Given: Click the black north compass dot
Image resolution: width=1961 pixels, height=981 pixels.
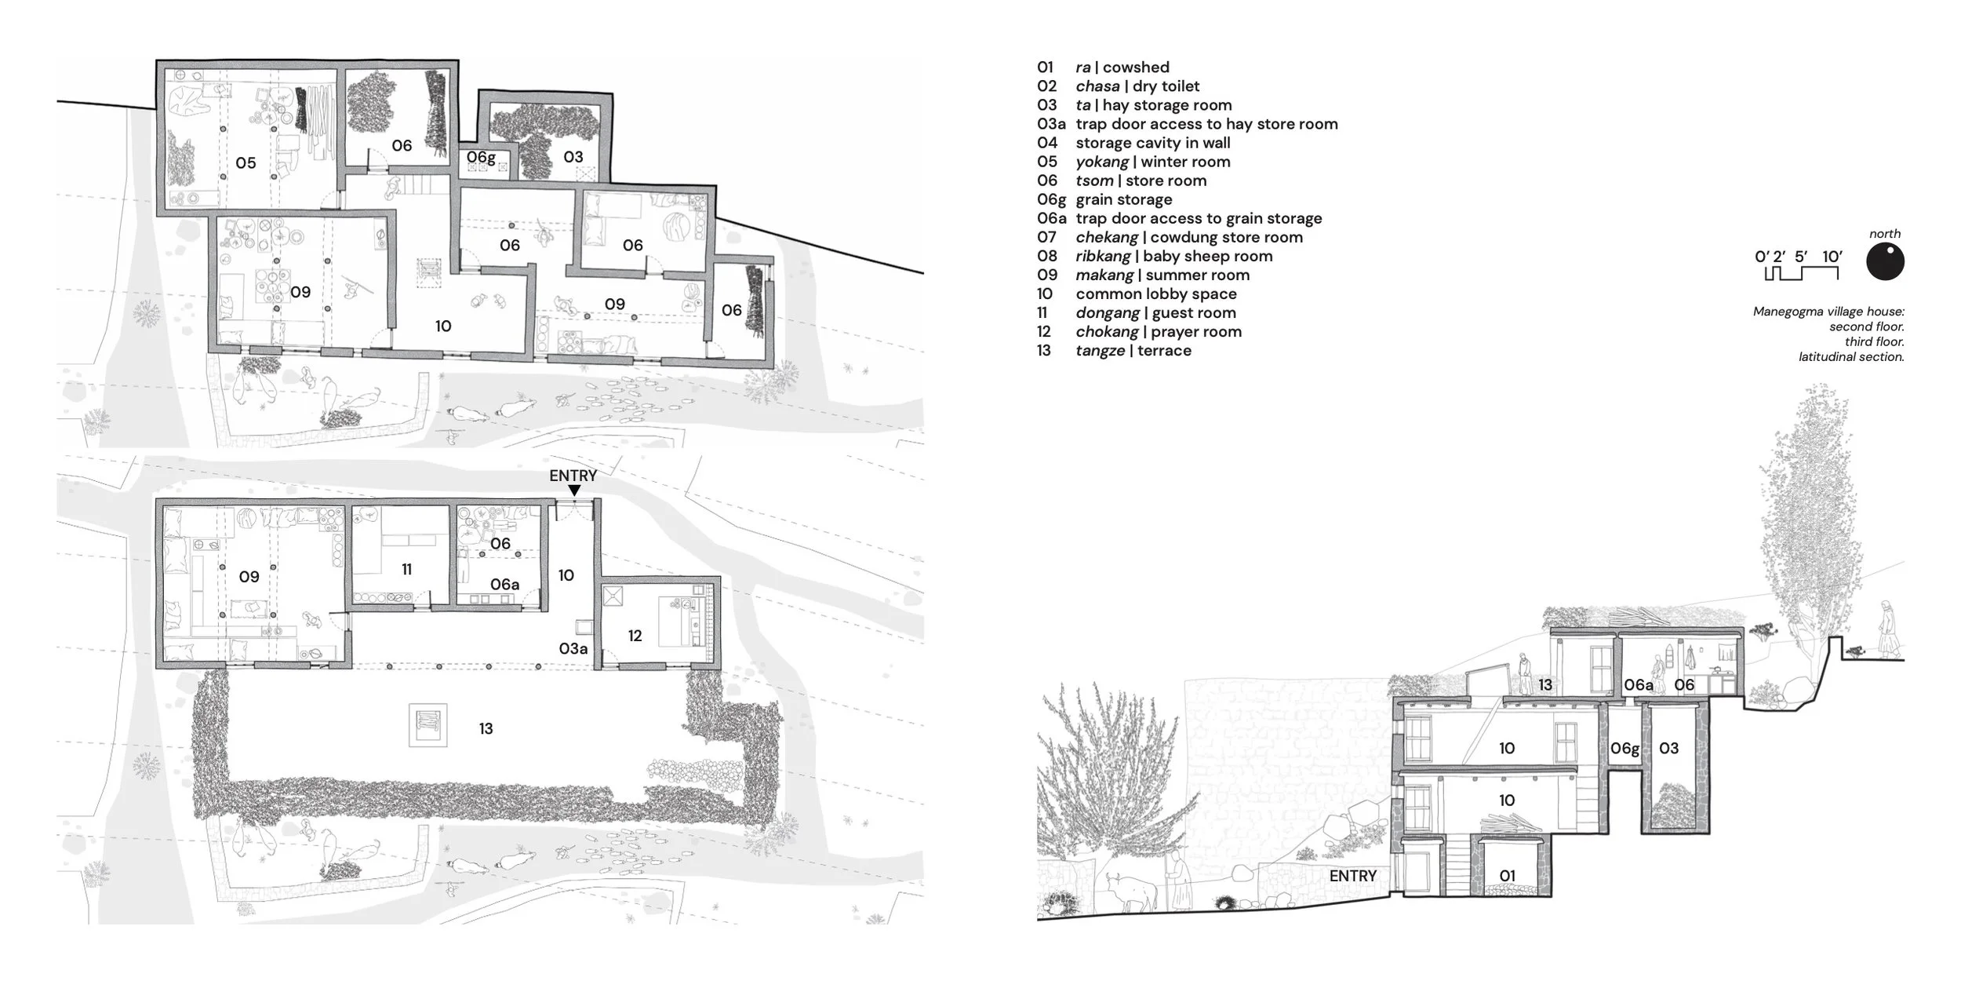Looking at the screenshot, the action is coord(1885,261).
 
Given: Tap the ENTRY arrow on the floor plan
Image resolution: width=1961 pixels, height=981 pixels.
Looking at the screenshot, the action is coord(574,491).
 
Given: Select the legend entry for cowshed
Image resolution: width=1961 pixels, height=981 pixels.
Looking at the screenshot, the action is coord(1103,67).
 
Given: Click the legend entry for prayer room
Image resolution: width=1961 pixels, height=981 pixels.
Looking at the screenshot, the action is coord(1139,332).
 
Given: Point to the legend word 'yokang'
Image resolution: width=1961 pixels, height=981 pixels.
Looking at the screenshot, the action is coord(1102,162).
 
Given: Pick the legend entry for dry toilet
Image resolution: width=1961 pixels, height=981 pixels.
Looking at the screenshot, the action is coord(1118,86).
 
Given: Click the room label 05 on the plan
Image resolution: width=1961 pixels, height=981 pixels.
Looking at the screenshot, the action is coord(246,162).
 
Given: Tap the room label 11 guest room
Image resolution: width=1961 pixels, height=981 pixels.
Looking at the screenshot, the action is coord(406,569).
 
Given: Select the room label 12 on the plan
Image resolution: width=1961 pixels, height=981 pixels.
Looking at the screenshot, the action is coord(635,636).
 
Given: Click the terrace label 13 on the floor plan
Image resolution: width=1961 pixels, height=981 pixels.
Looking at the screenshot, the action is coord(486,729).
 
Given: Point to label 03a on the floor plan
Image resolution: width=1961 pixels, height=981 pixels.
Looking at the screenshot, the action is coord(573,648).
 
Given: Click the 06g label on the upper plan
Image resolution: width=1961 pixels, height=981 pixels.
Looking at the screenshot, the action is coord(481,158).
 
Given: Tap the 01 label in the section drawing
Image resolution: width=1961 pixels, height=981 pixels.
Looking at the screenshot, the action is coord(1508,876).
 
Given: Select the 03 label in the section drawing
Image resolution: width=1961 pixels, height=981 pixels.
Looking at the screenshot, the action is coord(1669,748).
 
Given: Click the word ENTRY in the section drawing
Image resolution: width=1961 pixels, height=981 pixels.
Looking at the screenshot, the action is coord(1353,876).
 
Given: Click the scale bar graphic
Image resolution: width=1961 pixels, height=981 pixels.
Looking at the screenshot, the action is coord(1802,273).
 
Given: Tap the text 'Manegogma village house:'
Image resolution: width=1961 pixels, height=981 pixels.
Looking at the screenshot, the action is coord(1828,312).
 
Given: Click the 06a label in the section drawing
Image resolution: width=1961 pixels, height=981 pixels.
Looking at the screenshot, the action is coord(1639,685).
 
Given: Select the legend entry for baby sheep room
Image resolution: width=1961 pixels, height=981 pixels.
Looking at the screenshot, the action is coord(1155,257).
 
